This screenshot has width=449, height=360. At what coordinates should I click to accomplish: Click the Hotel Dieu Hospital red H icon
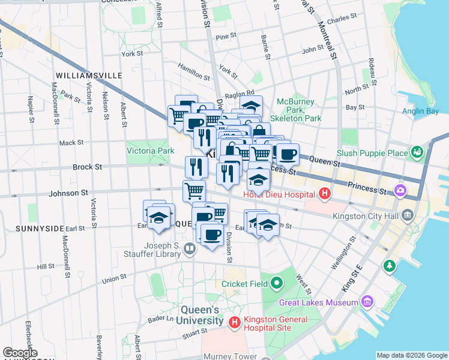[x=325, y=194]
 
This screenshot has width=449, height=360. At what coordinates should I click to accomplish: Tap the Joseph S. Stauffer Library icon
[x=190, y=248]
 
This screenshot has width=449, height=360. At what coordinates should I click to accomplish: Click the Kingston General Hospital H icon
[x=235, y=322]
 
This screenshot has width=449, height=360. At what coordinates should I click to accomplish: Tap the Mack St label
[x=71, y=143]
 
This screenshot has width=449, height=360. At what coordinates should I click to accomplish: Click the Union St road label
[x=113, y=280]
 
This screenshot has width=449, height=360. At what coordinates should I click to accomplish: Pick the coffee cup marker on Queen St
[x=288, y=154]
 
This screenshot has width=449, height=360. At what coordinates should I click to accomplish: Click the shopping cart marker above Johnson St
[x=194, y=191]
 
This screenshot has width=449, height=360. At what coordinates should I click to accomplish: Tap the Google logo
[x=20, y=353]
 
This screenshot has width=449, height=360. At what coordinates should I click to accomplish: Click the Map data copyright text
[x=411, y=355]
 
